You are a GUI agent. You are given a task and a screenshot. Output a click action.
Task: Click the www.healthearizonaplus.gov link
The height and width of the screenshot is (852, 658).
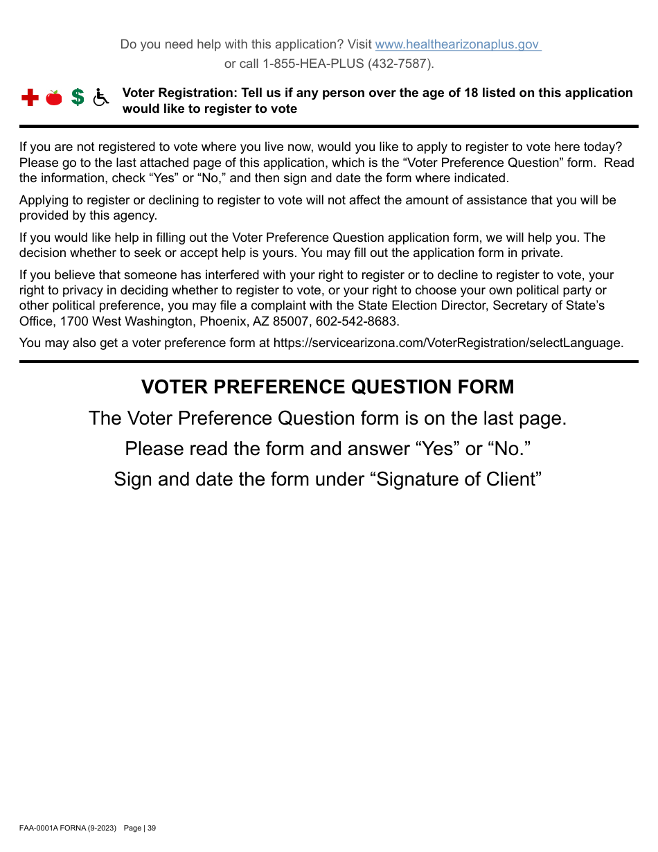pyautogui.click(x=457, y=44)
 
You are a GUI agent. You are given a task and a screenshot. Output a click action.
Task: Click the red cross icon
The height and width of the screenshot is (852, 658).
pyautogui.click(x=30, y=98)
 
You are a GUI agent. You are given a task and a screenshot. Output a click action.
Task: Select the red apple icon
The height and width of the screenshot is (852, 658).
pyautogui.click(x=54, y=98)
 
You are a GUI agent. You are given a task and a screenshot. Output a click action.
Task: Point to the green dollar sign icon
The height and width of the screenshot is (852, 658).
pyautogui.click(x=78, y=98)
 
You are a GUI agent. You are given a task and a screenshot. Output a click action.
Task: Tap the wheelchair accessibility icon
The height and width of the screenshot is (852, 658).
pyautogui.click(x=101, y=98)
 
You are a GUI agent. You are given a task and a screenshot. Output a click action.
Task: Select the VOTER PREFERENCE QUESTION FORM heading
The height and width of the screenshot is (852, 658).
pyautogui.click(x=328, y=387)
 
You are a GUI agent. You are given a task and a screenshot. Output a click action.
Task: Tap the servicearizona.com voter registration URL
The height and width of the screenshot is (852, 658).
pyautogui.click(x=447, y=342)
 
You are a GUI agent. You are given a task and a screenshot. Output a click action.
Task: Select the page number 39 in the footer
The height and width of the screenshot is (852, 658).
pyautogui.click(x=152, y=828)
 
